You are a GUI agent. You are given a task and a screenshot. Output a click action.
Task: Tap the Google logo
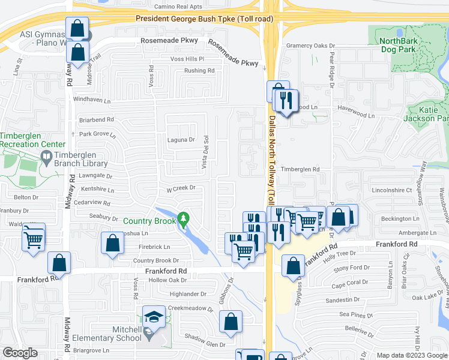19,353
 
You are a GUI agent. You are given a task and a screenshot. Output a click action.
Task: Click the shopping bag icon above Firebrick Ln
112,243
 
